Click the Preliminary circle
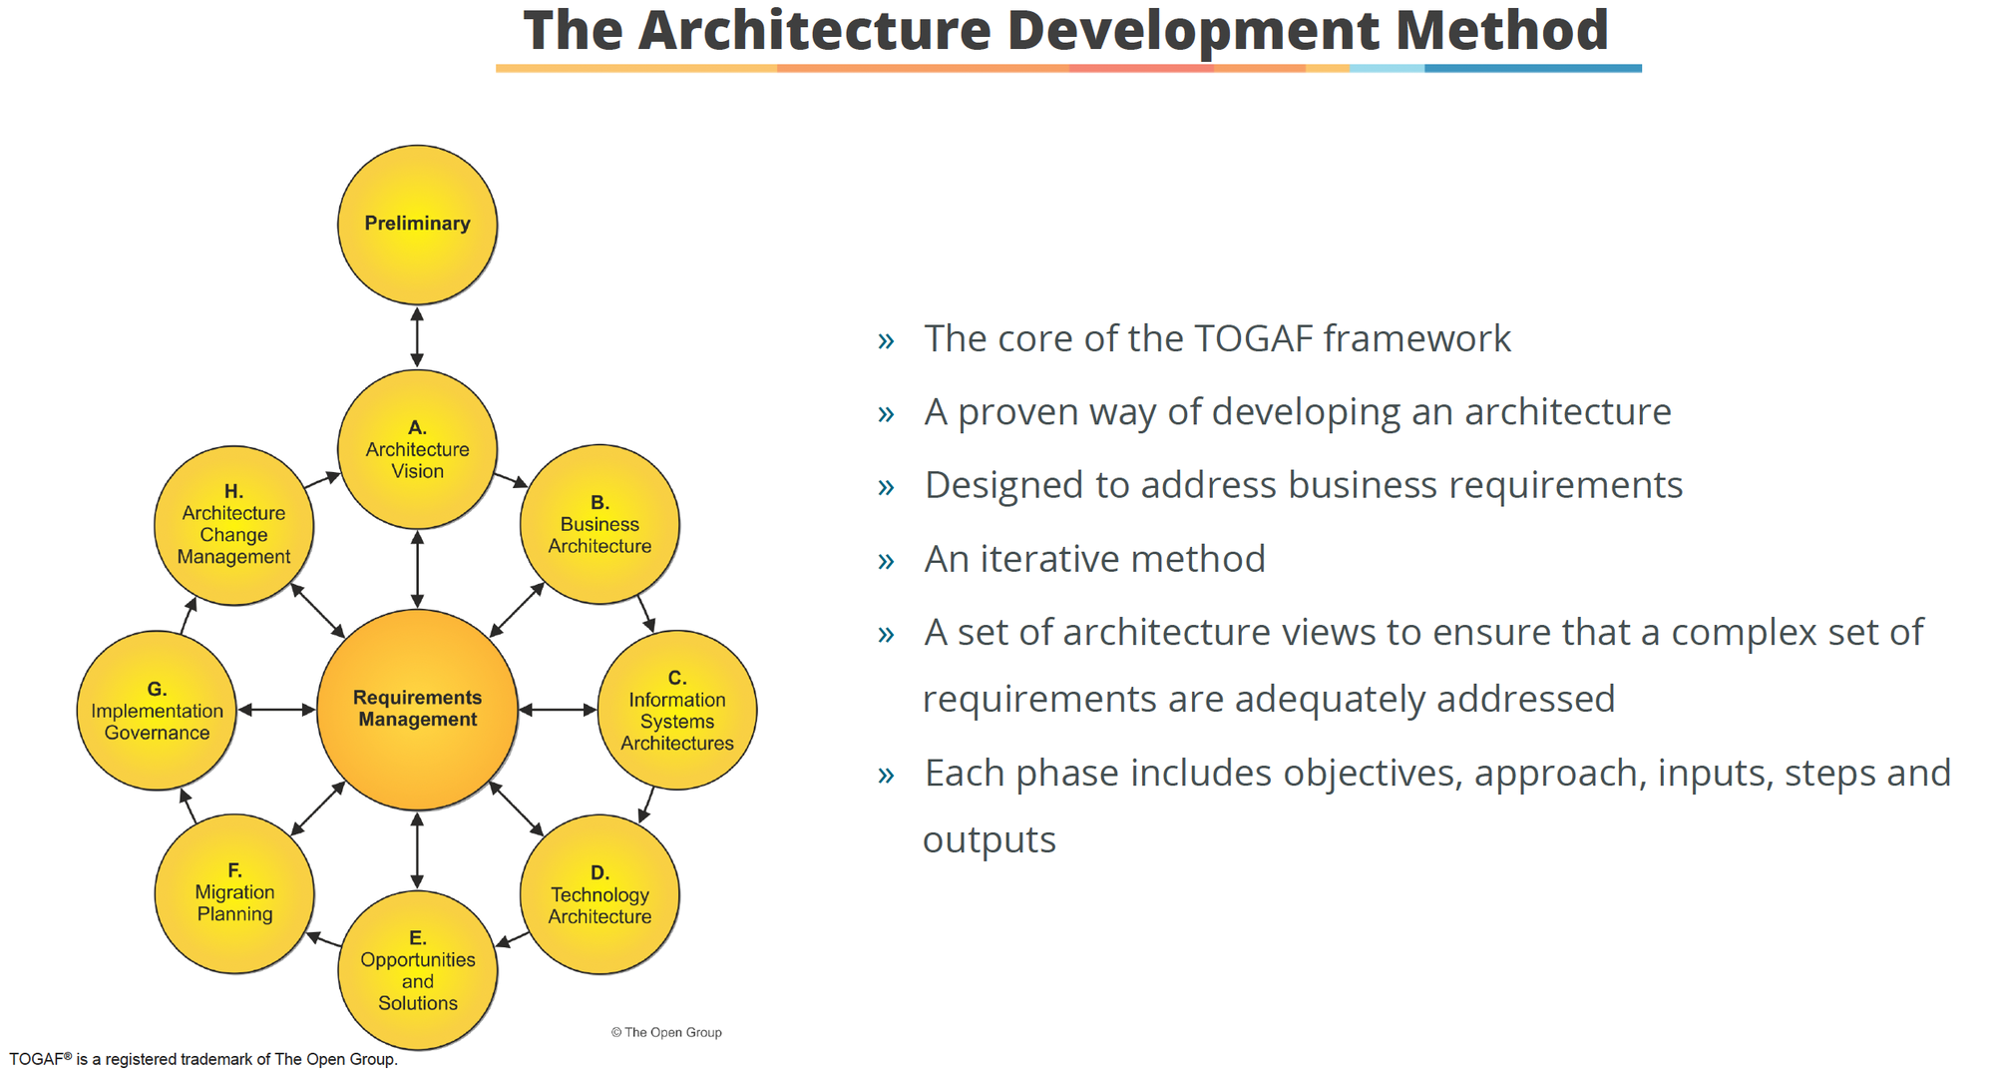(x=417, y=225)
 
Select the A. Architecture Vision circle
(x=417, y=449)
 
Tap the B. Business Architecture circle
(x=599, y=524)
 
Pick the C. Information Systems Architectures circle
(x=677, y=710)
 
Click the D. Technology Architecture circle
(x=599, y=894)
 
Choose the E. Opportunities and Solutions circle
(x=417, y=970)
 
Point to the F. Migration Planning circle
(x=234, y=893)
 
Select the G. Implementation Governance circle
(x=157, y=710)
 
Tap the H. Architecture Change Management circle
(x=233, y=525)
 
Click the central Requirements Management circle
(x=417, y=710)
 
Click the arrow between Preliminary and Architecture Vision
(x=417, y=337)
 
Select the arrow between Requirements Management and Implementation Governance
(x=276, y=710)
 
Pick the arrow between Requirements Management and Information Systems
(x=558, y=710)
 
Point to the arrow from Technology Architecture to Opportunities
(x=513, y=939)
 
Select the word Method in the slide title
(x=1501, y=30)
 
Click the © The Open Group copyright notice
(x=666, y=1032)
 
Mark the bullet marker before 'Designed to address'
(x=886, y=487)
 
